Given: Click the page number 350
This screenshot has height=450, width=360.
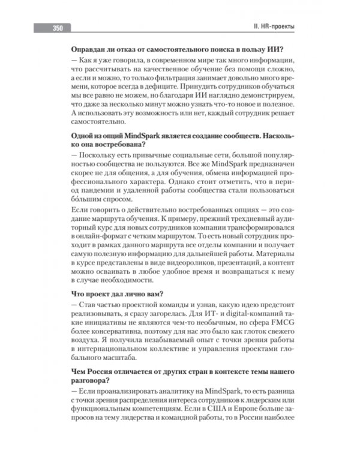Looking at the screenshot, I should click(x=58, y=28).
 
